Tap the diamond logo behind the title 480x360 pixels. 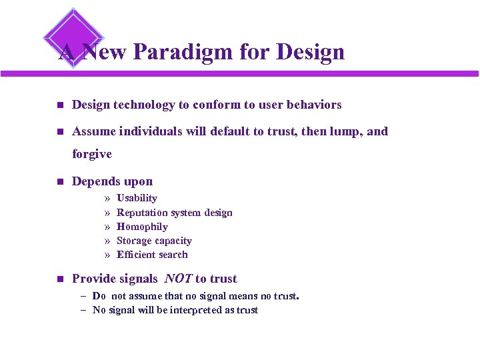73,35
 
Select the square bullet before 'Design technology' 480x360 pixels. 59,105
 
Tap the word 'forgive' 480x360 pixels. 92,154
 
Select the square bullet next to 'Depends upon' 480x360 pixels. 59,182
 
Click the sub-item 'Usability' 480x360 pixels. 137,198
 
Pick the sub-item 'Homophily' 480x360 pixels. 142,227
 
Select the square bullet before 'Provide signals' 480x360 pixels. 59,279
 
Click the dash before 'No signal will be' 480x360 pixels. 83,310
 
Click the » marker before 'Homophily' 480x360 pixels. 107,227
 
